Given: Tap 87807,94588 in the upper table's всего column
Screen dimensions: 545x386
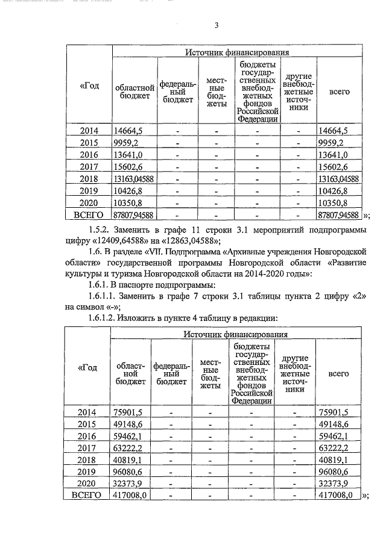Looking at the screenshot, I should point(338,214).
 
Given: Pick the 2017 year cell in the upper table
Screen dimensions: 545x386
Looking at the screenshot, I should point(89,166).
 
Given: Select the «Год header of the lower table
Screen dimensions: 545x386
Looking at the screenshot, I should point(88,369).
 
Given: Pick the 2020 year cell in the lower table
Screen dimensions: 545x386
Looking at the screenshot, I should point(88,483).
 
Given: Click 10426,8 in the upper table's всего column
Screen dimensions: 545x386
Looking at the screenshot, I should point(338,190).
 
